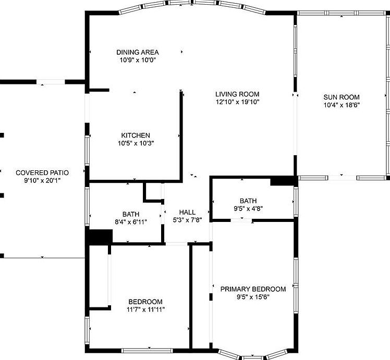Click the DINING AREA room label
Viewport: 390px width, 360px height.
pos(138,52)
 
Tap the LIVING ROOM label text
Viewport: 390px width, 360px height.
pos(237,94)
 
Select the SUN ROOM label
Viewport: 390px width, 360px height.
pos(342,97)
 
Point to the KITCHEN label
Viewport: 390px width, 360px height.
pos(136,135)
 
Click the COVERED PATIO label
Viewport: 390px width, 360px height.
pos(42,172)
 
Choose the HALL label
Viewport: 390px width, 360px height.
pos(187,213)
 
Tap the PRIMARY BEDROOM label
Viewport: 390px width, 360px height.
pos(253,289)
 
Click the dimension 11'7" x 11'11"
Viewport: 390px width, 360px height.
pos(145,309)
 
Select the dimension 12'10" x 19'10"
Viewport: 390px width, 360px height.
pos(237,102)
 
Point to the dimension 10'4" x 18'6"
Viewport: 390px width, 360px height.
pos(342,105)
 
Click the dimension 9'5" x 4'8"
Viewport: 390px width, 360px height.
pos(248,208)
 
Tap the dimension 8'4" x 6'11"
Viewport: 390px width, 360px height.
pos(131,221)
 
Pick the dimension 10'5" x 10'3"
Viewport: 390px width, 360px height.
pos(136,143)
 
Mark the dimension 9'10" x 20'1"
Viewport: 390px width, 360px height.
pos(42,180)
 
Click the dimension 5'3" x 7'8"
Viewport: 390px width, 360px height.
pos(187,220)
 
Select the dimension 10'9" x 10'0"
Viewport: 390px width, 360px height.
pos(138,60)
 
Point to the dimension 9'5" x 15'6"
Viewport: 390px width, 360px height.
pos(253,297)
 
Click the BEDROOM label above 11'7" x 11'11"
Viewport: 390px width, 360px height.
pos(145,302)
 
